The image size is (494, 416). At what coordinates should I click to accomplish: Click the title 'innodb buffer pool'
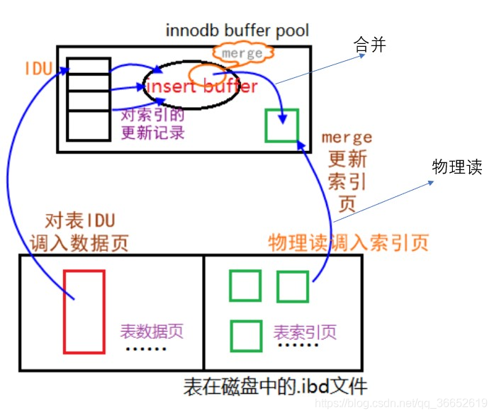(x=237, y=30)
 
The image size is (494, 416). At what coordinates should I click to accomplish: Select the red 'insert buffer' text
(x=201, y=86)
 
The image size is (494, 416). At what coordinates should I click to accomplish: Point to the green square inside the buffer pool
(x=281, y=125)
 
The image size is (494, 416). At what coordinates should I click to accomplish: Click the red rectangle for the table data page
(x=84, y=310)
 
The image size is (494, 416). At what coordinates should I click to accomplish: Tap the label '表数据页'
(x=152, y=331)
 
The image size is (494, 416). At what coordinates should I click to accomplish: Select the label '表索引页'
(x=305, y=331)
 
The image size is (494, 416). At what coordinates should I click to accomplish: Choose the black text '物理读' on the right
(x=457, y=167)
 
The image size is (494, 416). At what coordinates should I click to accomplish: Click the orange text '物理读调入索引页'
(x=348, y=242)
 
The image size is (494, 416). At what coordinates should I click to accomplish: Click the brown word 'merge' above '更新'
(x=347, y=137)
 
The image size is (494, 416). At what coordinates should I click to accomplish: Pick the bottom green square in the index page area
(x=245, y=335)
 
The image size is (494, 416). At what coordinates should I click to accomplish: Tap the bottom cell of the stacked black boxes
(x=89, y=125)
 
